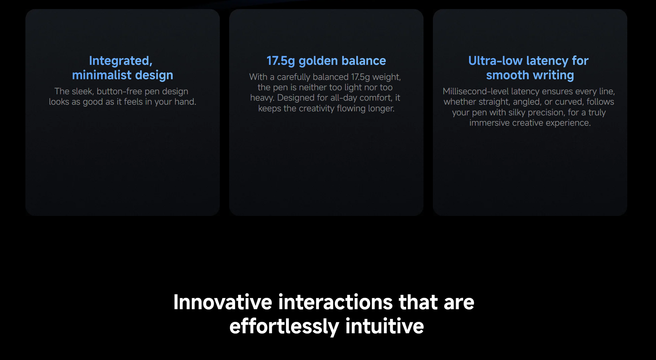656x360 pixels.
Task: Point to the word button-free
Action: click(x=119, y=91)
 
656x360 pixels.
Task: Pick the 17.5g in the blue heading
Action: click(x=281, y=61)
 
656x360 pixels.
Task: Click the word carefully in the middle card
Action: click(x=294, y=77)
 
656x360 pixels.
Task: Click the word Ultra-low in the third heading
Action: click(x=495, y=61)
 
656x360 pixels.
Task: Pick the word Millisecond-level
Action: click(x=476, y=91)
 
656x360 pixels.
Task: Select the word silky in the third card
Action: click(x=517, y=113)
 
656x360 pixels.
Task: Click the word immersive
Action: click(x=489, y=123)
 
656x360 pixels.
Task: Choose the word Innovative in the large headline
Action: click(x=223, y=302)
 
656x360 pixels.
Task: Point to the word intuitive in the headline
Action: click(x=385, y=326)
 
